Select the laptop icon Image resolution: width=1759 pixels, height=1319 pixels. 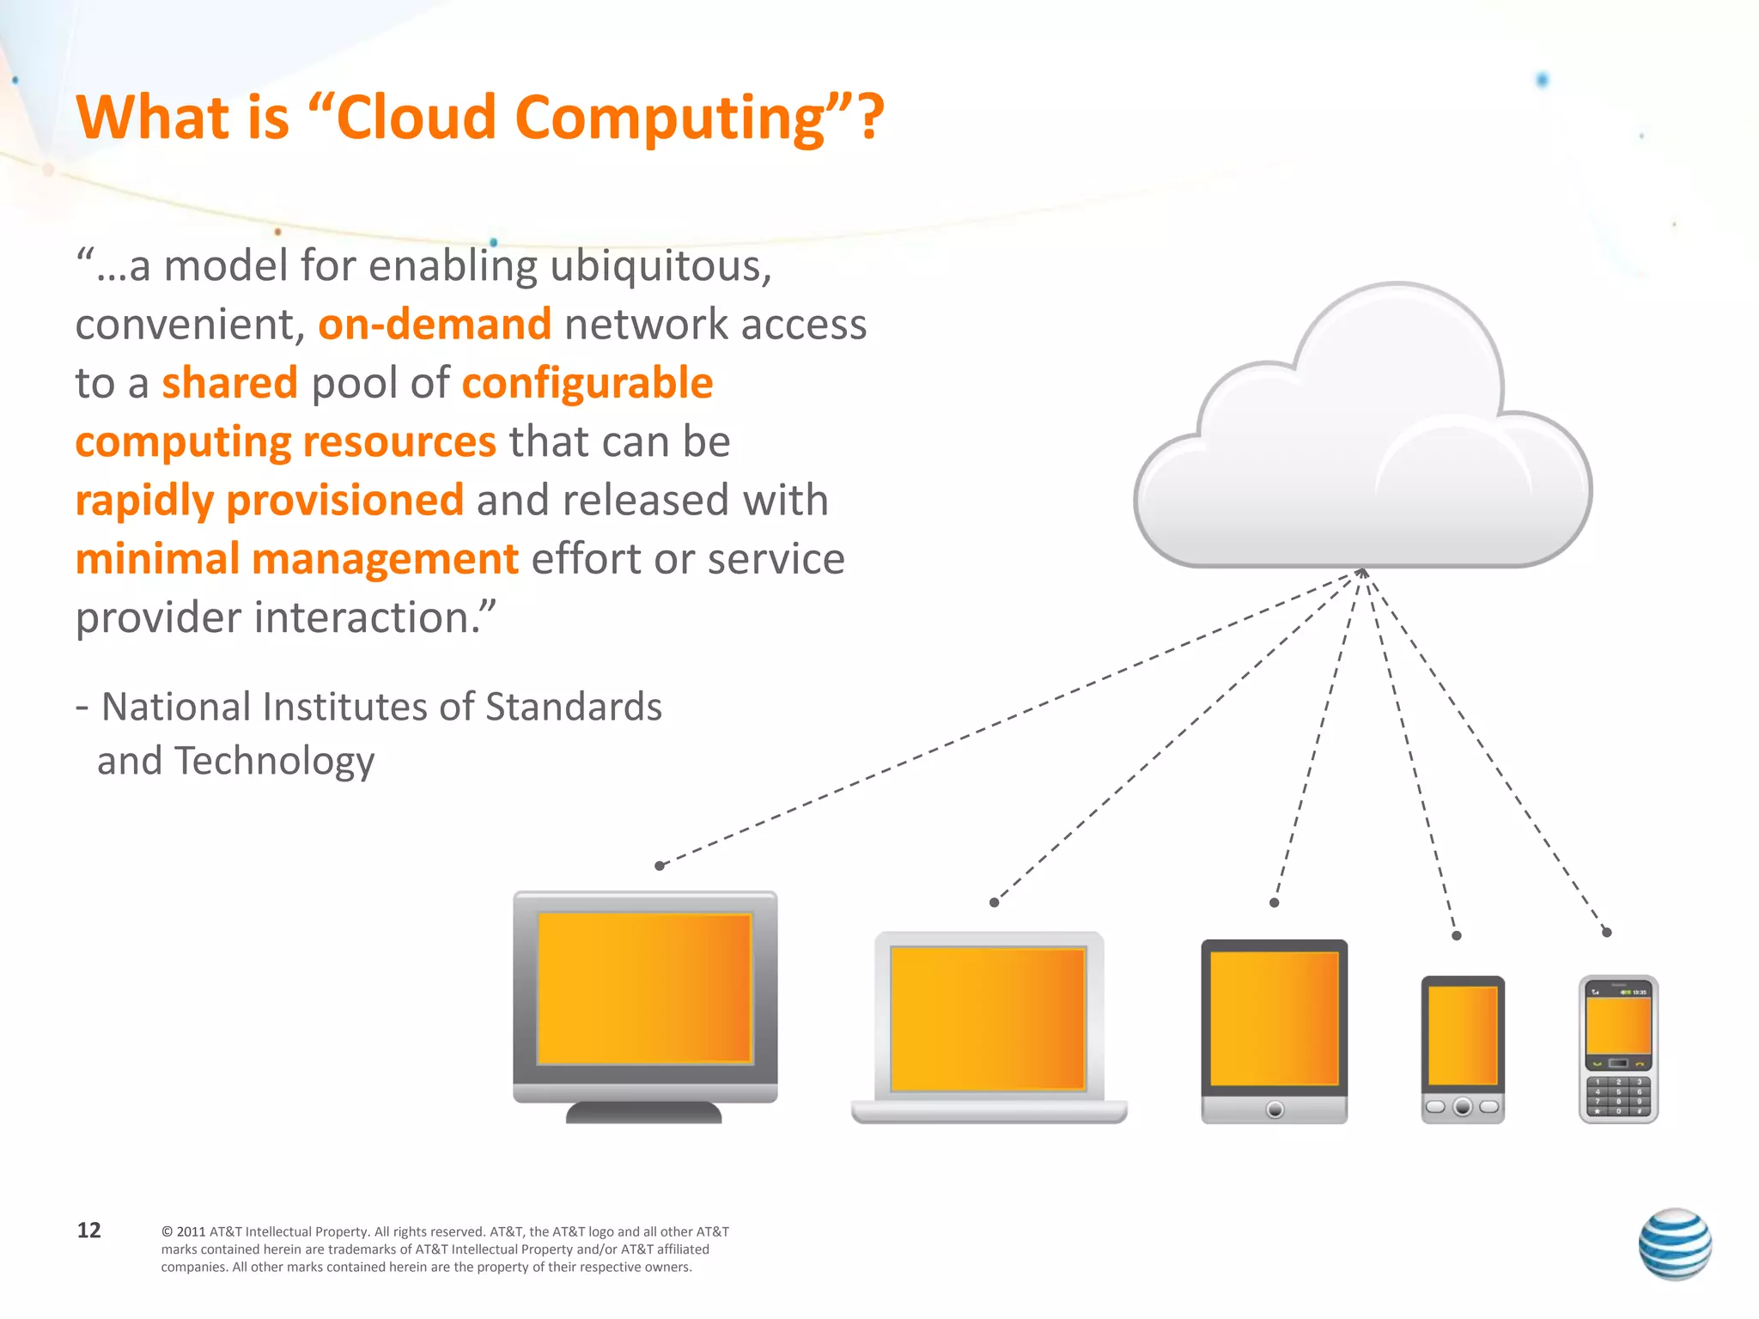click(x=989, y=1026)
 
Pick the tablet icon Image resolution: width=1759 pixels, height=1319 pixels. click(x=1274, y=1030)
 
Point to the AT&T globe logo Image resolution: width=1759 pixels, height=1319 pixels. click(x=1674, y=1243)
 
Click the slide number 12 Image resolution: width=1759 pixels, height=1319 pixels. click(x=88, y=1230)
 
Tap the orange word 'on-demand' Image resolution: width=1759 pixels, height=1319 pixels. click(x=435, y=325)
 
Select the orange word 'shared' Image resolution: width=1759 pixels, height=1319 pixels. click(x=229, y=383)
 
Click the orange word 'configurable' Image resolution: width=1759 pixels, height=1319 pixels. click(x=587, y=383)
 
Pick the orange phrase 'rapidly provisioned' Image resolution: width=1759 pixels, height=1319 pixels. click(x=270, y=500)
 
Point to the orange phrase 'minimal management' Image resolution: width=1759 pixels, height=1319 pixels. click(x=297, y=559)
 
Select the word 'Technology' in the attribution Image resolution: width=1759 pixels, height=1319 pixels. click(x=275, y=761)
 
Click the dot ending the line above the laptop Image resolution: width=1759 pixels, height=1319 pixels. click(x=994, y=902)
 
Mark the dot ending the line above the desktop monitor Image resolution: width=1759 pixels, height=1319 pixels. click(x=660, y=866)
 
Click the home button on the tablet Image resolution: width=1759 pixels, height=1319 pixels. click(x=1275, y=1109)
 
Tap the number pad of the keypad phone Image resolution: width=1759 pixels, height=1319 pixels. click(x=1618, y=1097)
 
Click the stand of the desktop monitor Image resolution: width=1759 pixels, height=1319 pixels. click(x=643, y=1112)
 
